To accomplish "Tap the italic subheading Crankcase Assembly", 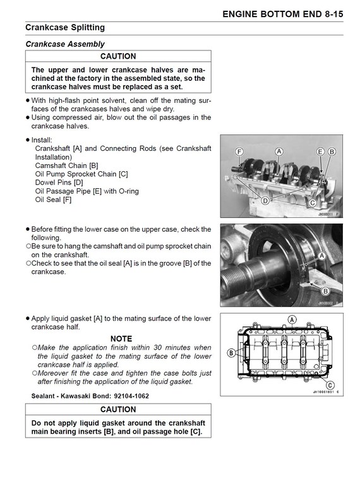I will tap(64, 44).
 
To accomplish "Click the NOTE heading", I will tap(121, 338).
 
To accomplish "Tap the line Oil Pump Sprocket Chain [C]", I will tap(81, 174).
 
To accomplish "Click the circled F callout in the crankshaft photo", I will tap(239, 152).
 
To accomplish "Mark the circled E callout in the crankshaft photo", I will tap(320, 152).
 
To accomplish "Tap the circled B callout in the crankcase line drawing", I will tap(231, 352).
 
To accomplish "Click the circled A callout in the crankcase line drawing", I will tap(292, 320).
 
